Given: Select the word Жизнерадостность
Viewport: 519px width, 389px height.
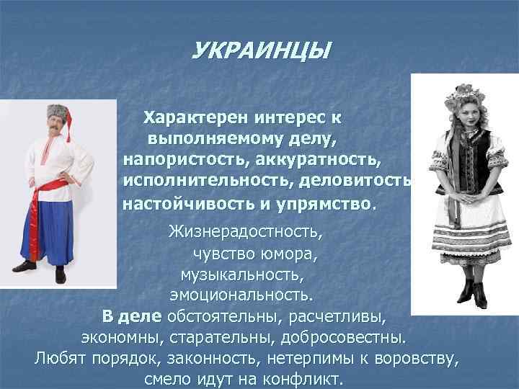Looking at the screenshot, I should coord(245,233).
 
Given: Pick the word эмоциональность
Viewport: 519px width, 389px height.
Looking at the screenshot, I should coord(242,295).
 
